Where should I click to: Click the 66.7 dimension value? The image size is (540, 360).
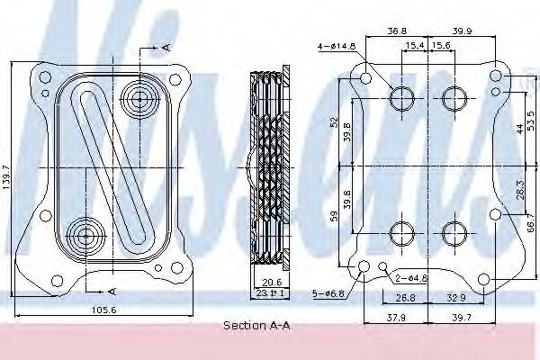[530, 218]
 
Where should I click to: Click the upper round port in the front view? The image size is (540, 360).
[139, 94]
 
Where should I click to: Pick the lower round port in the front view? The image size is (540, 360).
[85, 237]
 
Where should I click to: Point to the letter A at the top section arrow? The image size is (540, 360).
[167, 45]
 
